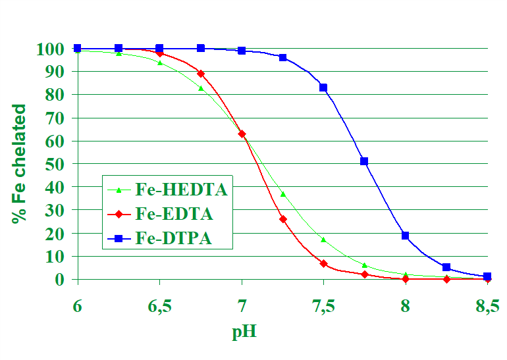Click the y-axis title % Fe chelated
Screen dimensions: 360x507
click(19, 164)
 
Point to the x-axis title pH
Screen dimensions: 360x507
click(244, 330)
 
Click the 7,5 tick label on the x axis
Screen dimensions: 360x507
click(323, 307)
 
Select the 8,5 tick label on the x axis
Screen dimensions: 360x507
click(487, 307)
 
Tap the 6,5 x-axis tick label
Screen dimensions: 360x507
click(159, 307)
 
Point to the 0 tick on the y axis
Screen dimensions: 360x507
click(60, 279)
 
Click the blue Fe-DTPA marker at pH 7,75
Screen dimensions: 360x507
click(364, 161)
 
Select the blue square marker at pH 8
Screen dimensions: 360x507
click(406, 235)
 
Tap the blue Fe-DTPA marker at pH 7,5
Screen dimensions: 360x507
click(323, 88)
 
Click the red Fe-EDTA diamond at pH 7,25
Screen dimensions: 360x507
click(282, 219)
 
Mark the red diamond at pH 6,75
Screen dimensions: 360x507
click(201, 74)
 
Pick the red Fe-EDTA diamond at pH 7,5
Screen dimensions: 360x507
click(323, 263)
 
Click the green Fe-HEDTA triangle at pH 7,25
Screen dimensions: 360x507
click(282, 194)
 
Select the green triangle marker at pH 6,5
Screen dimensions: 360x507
click(159, 62)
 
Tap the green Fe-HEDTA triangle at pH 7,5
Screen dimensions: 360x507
click(323, 240)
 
